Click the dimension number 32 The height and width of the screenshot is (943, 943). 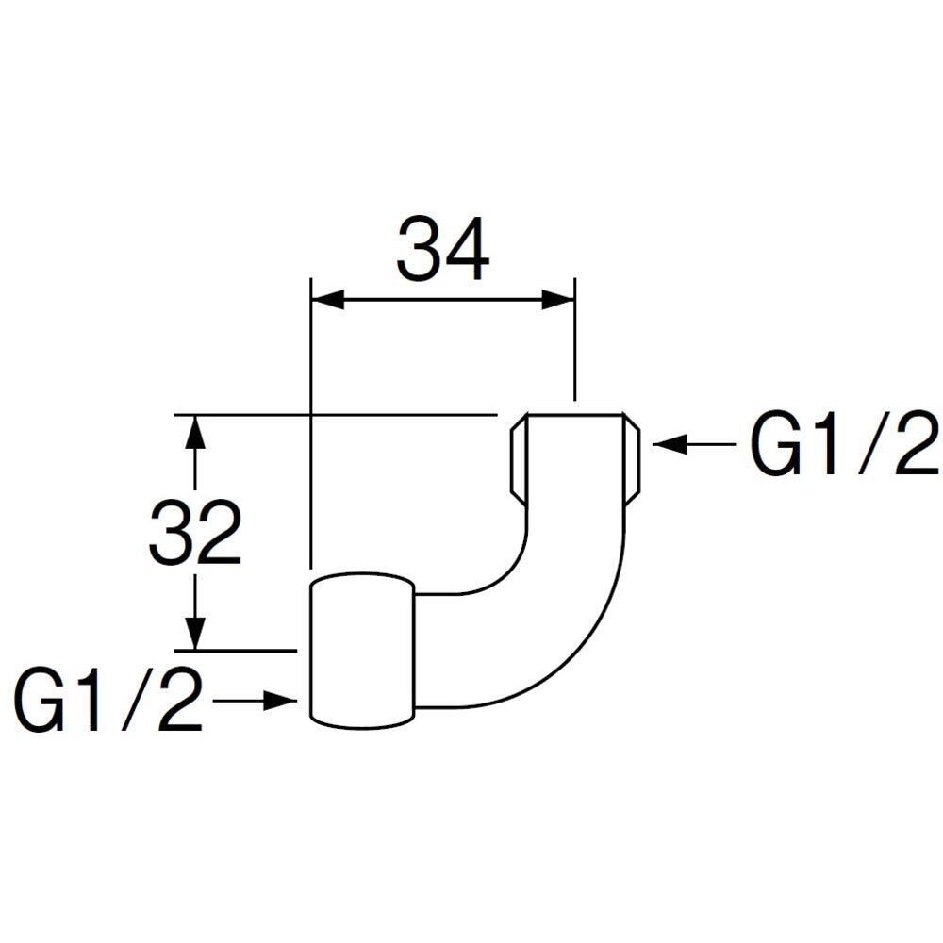[x=195, y=532]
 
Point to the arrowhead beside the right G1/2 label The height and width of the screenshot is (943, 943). [x=669, y=444]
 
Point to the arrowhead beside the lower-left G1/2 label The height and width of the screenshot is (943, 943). [x=280, y=701]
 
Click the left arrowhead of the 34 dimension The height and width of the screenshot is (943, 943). [x=328, y=300]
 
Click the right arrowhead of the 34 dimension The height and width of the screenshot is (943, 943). [x=558, y=300]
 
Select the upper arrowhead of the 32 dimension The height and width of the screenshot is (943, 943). [x=195, y=432]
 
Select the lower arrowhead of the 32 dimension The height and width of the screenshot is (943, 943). [x=195, y=633]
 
